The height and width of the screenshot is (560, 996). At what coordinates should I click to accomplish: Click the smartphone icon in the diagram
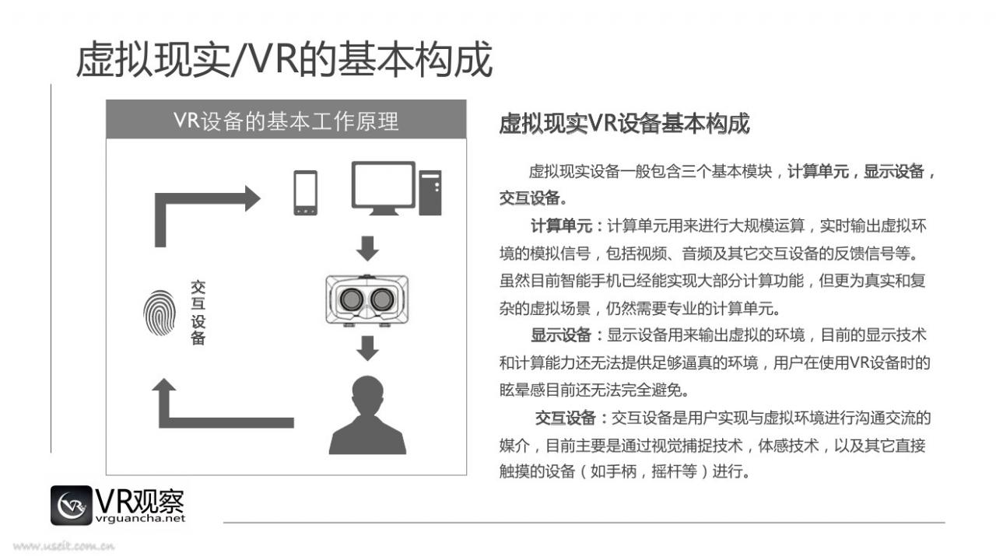pyautogui.click(x=306, y=193)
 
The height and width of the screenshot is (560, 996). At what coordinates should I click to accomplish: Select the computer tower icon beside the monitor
pyautogui.click(x=430, y=193)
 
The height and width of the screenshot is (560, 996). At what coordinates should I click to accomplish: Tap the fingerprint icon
pyautogui.click(x=159, y=313)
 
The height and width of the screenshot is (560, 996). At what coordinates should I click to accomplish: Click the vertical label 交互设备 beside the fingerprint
pyautogui.click(x=198, y=313)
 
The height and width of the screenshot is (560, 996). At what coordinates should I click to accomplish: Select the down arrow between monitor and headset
pyautogui.click(x=367, y=249)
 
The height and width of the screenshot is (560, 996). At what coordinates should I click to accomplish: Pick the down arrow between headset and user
pyautogui.click(x=367, y=348)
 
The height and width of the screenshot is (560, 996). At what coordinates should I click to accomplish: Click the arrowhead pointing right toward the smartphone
pyautogui.click(x=253, y=198)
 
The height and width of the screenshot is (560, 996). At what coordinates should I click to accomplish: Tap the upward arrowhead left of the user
pyautogui.click(x=164, y=385)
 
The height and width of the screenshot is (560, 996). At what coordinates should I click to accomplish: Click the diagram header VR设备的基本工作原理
pyautogui.click(x=286, y=121)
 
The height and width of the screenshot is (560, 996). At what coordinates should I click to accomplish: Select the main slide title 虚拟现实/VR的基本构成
pyautogui.click(x=284, y=60)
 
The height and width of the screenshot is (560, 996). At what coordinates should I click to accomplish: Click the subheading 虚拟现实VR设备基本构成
pyautogui.click(x=624, y=124)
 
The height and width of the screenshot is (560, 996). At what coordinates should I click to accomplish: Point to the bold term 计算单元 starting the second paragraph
pyautogui.click(x=561, y=226)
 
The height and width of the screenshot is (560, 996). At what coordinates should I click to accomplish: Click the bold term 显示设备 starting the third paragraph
pyautogui.click(x=561, y=335)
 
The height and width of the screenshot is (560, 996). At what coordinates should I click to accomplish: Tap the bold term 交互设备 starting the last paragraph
pyautogui.click(x=565, y=418)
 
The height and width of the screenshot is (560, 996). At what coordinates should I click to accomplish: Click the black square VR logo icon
pyautogui.click(x=71, y=506)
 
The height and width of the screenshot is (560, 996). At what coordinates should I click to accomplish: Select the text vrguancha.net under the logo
pyautogui.click(x=140, y=519)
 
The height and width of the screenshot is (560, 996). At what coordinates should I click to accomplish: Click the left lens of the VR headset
pyautogui.click(x=351, y=299)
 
